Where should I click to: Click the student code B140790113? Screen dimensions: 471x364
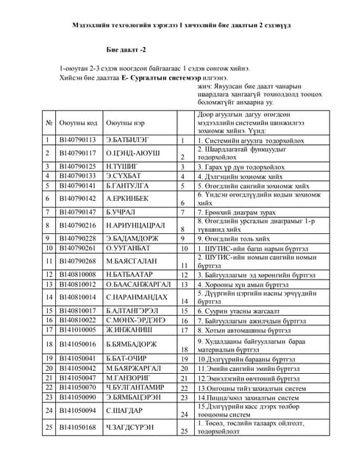[x=77, y=138]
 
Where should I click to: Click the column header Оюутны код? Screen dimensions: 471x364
[x=79, y=122]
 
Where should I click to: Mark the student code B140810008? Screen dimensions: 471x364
[x=77, y=274]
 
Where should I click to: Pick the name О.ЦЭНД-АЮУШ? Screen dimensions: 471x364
[x=132, y=152]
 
